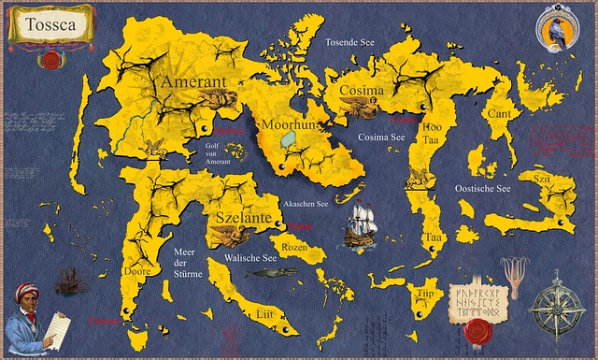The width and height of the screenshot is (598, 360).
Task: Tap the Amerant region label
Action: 194,83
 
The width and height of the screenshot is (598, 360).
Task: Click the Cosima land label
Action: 361,91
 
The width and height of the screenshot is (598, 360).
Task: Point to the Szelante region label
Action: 243,217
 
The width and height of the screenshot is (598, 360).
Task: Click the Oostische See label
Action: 482,189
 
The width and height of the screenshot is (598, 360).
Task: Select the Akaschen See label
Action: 306,203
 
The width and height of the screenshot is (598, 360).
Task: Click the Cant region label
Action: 499,113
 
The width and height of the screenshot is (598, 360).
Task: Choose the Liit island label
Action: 264,315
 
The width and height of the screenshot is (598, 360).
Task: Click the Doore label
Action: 137,271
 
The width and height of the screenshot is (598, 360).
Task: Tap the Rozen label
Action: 295,247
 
